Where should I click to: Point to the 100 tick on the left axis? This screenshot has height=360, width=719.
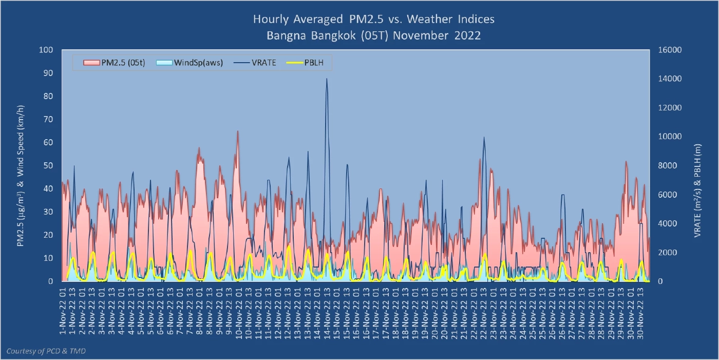[x=46, y=50]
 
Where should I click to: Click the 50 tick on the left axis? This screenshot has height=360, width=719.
[x=48, y=165]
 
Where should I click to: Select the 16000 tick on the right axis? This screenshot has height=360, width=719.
[x=669, y=50]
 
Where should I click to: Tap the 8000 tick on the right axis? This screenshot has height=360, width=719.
[x=667, y=165]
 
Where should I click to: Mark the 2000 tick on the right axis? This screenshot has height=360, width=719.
[x=667, y=252]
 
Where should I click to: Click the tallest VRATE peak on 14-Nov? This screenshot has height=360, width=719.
[x=327, y=79]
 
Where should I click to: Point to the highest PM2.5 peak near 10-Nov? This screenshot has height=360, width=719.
[x=237, y=131]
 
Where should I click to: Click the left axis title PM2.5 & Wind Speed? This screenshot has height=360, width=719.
[x=21, y=176]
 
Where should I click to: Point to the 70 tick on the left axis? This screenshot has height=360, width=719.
[x=48, y=119]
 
